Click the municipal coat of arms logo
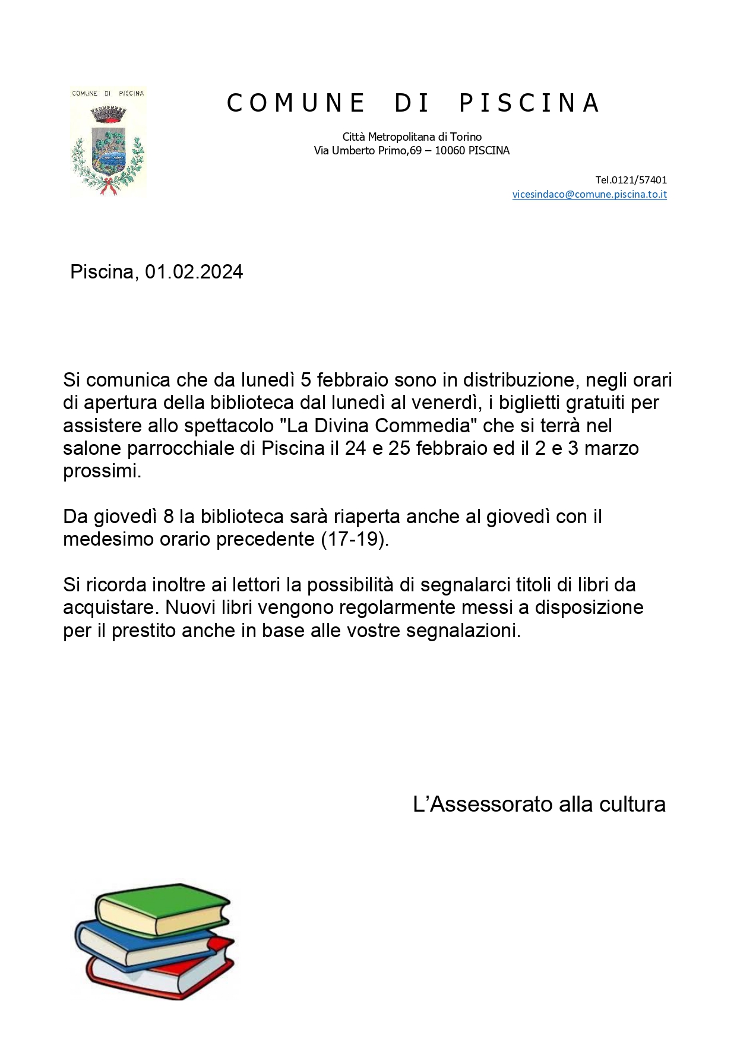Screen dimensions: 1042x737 point(107,142)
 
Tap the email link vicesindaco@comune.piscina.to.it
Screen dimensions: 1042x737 point(589,194)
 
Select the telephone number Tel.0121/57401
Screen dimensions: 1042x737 point(631,180)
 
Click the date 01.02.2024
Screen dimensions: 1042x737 point(194,272)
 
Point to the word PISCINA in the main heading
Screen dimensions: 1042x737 point(530,103)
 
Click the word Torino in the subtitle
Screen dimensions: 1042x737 point(466,137)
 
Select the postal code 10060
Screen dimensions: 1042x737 point(450,151)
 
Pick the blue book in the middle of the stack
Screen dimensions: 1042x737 point(143,944)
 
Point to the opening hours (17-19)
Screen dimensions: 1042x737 point(355,539)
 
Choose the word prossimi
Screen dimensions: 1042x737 point(102,471)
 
